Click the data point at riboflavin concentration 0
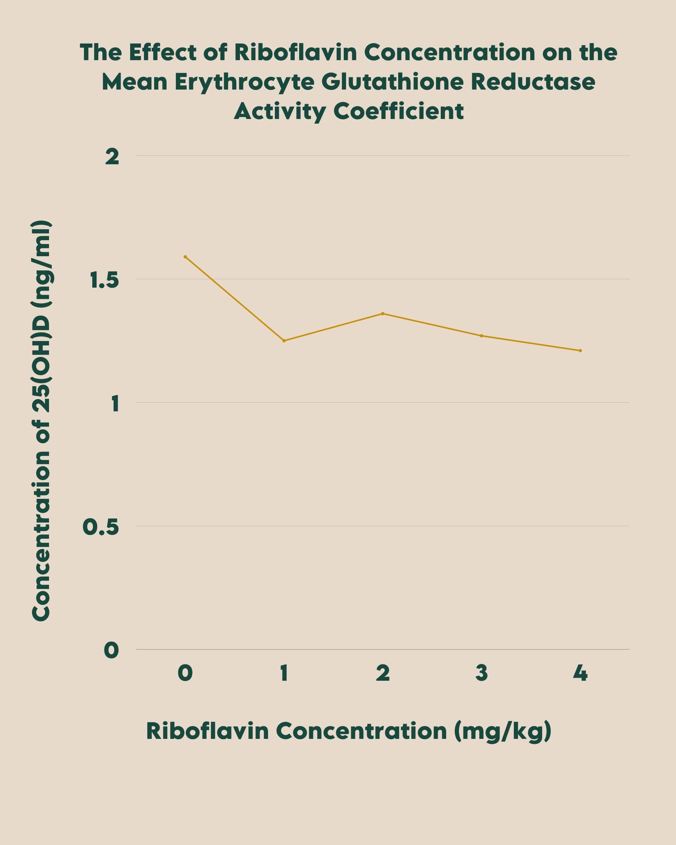185,257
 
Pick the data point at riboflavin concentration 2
383,314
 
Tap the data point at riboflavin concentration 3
482,336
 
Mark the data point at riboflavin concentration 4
580,351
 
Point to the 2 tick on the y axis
112,157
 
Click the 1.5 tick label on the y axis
104,281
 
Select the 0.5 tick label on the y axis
101,528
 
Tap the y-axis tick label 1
115,404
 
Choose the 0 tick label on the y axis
111,651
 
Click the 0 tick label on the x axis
185,673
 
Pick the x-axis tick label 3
482,673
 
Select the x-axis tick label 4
580,673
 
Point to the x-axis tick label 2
383,673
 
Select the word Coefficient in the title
399,111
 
